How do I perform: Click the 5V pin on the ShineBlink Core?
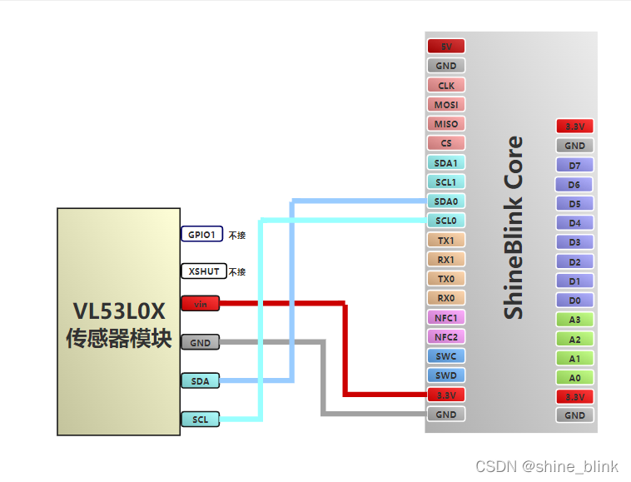(x=445, y=47)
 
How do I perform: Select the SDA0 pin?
(x=445, y=201)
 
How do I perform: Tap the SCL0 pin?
(x=445, y=221)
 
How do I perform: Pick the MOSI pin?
(x=445, y=105)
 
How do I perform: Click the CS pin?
(x=445, y=143)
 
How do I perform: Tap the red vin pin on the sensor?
(x=200, y=304)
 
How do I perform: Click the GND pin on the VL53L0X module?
(x=200, y=342)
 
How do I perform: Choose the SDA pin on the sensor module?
(x=200, y=381)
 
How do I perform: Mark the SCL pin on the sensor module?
(x=200, y=420)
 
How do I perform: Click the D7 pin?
(x=574, y=165)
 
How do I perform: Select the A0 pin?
(x=574, y=377)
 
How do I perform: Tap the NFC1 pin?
(x=445, y=317)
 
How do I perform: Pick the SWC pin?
(x=445, y=356)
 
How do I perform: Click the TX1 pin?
(x=445, y=240)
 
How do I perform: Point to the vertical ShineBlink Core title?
(x=514, y=227)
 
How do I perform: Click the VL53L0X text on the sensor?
(x=119, y=311)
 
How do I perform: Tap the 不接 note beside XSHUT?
(x=237, y=272)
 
